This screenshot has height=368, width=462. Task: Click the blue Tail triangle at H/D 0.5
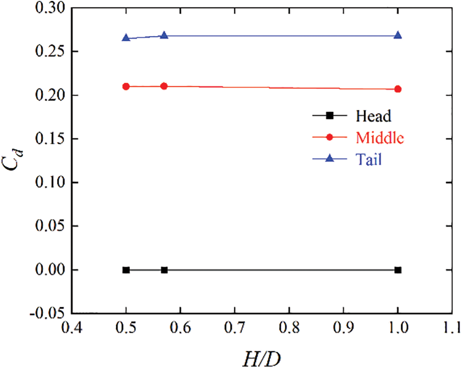[x=126, y=37]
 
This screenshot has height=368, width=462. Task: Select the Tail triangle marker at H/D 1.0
[x=398, y=35]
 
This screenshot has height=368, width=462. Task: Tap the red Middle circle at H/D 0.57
[x=164, y=86]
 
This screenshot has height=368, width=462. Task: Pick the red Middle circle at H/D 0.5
[x=126, y=87]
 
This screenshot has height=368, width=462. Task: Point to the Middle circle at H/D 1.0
[x=398, y=89]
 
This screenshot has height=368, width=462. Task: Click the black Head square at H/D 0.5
[x=126, y=270]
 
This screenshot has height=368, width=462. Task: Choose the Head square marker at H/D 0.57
[x=164, y=270]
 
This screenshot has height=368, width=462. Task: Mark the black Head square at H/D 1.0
[x=398, y=270]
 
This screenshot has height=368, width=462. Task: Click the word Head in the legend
[x=373, y=115]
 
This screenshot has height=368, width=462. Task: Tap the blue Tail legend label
[x=369, y=159]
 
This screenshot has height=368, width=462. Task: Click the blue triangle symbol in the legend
[x=329, y=159]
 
